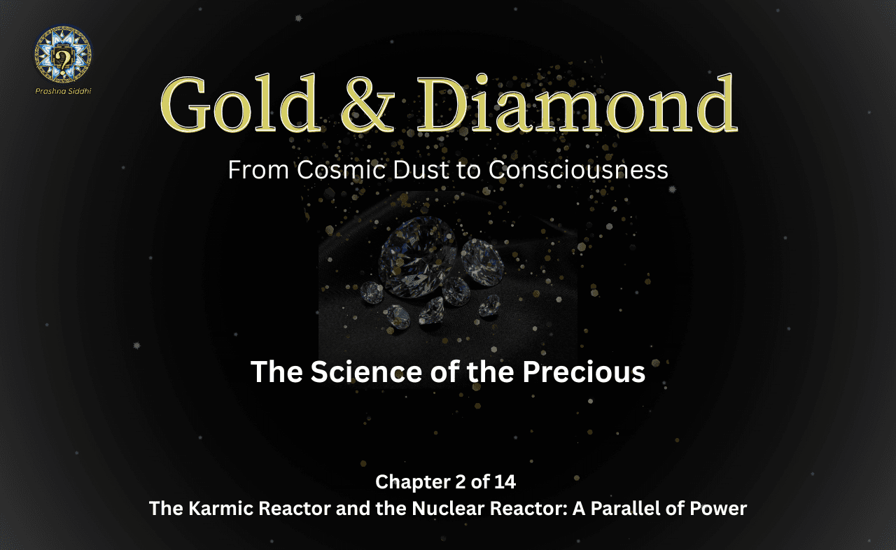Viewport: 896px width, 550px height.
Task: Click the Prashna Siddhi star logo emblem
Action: coord(63,55)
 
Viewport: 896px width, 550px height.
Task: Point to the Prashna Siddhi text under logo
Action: coord(62,91)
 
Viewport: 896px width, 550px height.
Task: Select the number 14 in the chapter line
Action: coord(507,481)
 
